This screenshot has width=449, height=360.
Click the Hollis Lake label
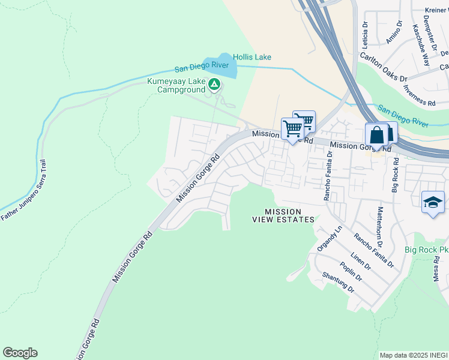pos(252,57)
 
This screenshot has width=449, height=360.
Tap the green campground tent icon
pos(214,84)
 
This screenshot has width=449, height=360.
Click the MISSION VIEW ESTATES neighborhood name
pos(282,215)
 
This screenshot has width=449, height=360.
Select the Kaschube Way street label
pos(421,45)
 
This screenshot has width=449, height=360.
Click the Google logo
pos(20,353)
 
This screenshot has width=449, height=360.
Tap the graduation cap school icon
pos(433,202)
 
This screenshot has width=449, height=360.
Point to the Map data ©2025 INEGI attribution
pos(414,355)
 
